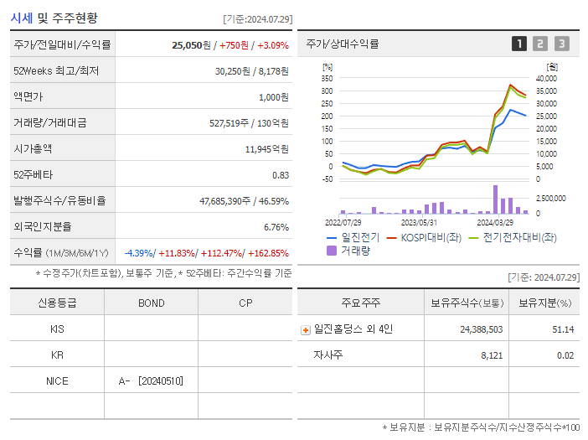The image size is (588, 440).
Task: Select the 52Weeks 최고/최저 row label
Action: click(x=56, y=71)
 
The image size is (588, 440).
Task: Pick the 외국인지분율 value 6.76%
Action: click(x=276, y=227)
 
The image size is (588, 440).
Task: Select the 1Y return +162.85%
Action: click(x=266, y=253)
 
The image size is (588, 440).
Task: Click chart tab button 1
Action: click(x=519, y=44)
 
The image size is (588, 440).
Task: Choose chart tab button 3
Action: click(x=561, y=44)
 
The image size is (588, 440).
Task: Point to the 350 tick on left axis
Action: click(x=328, y=78)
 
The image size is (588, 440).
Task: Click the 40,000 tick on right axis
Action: click(x=546, y=78)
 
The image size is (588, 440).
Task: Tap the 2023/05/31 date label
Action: click(x=420, y=223)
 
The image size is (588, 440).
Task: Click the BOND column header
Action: click(x=151, y=303)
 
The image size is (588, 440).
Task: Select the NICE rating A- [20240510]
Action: click(x=151, y=381)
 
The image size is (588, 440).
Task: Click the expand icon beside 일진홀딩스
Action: click(x=305, y=330)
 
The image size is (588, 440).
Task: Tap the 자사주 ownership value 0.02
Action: click(x=565, y=355)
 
